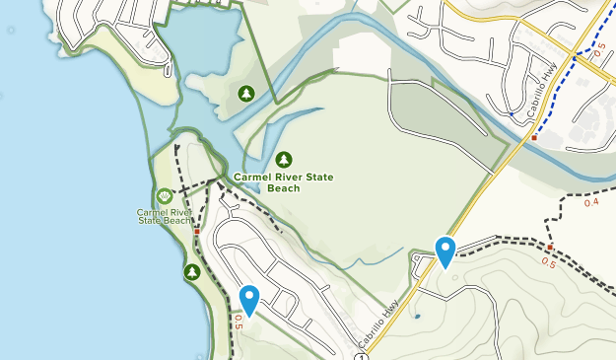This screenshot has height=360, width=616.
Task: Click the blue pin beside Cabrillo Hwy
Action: coord(445,252)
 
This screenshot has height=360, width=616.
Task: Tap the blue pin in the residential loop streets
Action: coord(249,299)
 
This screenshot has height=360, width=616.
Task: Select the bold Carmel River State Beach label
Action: coord(284,181)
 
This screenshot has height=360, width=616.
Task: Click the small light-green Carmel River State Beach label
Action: coord(164,216)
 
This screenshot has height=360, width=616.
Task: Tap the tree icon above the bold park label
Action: coord(284,159)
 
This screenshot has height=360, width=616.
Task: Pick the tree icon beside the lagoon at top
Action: coord(245,93)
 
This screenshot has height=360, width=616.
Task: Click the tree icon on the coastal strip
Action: coord(192,271)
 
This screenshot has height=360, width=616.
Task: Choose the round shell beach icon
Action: coord(164,196)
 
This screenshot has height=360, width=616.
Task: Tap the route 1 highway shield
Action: coord(362,356)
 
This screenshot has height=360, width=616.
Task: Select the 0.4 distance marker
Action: coord(591,202)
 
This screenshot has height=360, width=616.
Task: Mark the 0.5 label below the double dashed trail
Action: coord(548,263)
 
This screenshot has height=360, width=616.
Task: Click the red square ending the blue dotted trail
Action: coord(534,137)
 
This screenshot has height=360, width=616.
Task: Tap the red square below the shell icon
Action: coord(197,232)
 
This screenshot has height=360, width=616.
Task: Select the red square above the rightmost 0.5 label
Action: coord(550,247)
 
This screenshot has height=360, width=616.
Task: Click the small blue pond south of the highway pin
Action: coord(417,317)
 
